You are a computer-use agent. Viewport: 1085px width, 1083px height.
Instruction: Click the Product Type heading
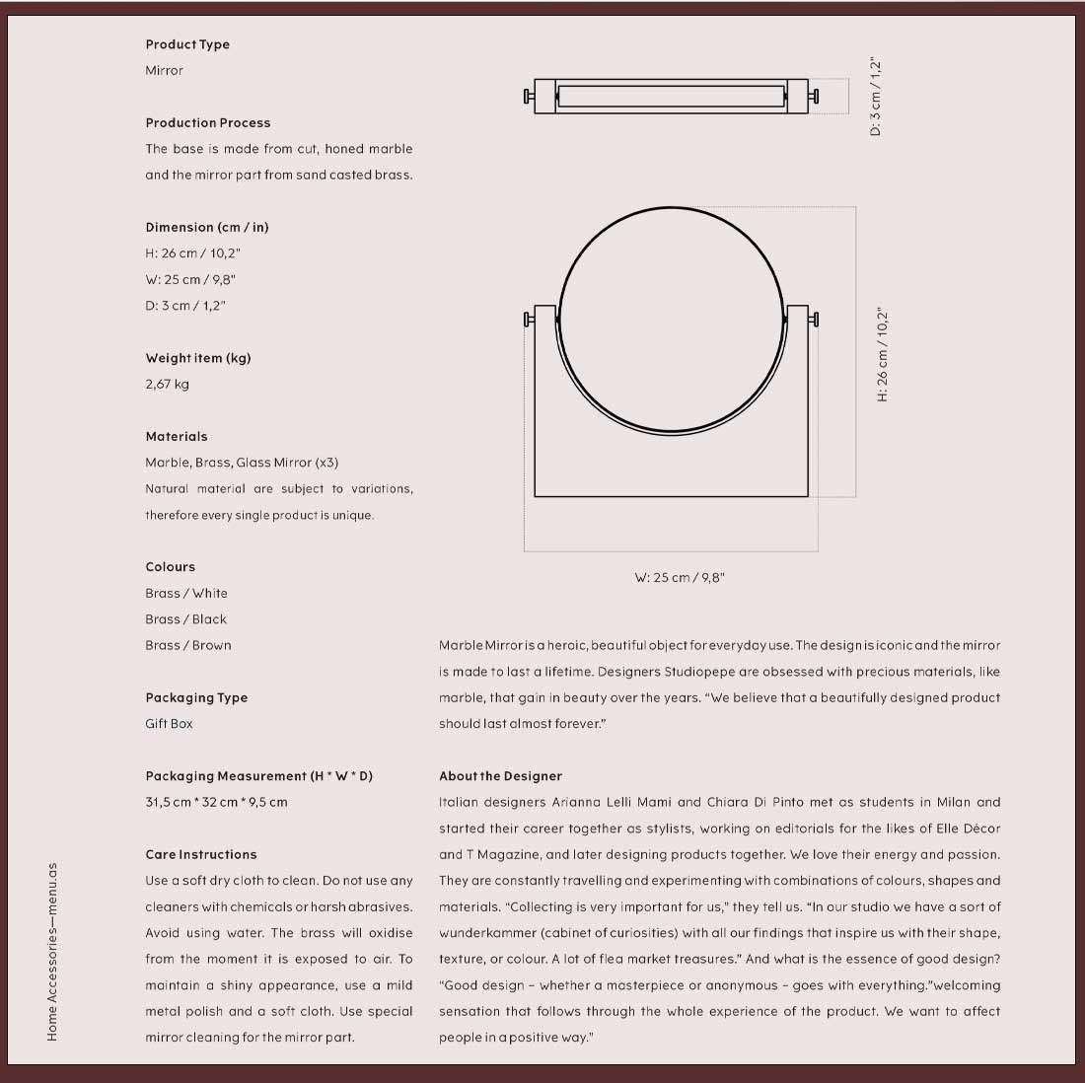tap(187, 44)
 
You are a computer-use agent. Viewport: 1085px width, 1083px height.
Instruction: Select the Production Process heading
tap(207, 123)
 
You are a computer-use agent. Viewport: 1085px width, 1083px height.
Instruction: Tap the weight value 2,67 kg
tap(167, 384)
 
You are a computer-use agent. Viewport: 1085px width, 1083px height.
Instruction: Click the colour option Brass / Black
tap(185, 619)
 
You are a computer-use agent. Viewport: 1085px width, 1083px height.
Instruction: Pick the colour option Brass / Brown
tap(187, 645)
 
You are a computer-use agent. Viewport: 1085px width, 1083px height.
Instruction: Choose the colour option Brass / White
tap(185, 593)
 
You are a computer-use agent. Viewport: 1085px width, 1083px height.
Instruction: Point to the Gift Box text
tap(169, 723)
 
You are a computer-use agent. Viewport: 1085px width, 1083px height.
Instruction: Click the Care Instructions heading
tap(200, 854)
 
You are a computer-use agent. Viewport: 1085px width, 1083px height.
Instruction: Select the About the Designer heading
tap(500, 776)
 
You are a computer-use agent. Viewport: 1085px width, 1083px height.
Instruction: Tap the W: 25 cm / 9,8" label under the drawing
tap(679, 578)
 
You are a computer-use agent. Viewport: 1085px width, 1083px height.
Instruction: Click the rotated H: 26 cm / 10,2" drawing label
tap(883, 354)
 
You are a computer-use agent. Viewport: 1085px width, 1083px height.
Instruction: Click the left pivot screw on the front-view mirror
tap(529, 319)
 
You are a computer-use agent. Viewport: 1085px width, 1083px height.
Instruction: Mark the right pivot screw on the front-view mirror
tap(814, 319)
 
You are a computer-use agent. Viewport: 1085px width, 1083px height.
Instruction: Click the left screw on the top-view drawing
tap(529, 96)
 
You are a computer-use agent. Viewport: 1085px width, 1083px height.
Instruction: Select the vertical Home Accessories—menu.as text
tap(52, 952)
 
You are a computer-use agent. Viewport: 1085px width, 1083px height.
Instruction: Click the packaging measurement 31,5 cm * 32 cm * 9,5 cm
tap(216, 802)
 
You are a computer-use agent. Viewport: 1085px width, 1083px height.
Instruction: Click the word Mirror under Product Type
tap(164, 71)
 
